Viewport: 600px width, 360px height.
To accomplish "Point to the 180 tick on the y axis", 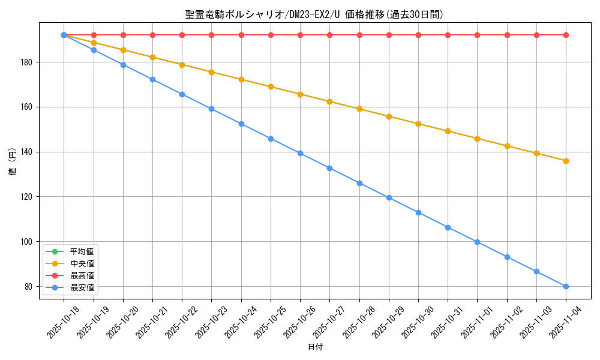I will coord(28,62).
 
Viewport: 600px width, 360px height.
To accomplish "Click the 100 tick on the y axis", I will coord(28,242).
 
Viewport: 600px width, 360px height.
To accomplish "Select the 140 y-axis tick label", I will coord(28,152).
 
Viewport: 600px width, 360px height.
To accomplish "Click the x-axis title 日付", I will coord(315,347).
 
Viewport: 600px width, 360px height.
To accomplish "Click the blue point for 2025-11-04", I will coord(566,286).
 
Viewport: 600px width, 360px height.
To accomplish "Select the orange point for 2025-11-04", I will coord(566,161).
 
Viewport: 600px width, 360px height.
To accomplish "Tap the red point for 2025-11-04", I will coord(566,35).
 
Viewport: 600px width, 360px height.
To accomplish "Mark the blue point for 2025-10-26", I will coord(300,153).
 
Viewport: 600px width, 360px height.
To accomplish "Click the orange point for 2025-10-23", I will coord(211,72).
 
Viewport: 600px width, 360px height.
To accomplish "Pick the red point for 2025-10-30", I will coord(418,35).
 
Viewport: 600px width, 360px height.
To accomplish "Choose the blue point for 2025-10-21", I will coord(152,79).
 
